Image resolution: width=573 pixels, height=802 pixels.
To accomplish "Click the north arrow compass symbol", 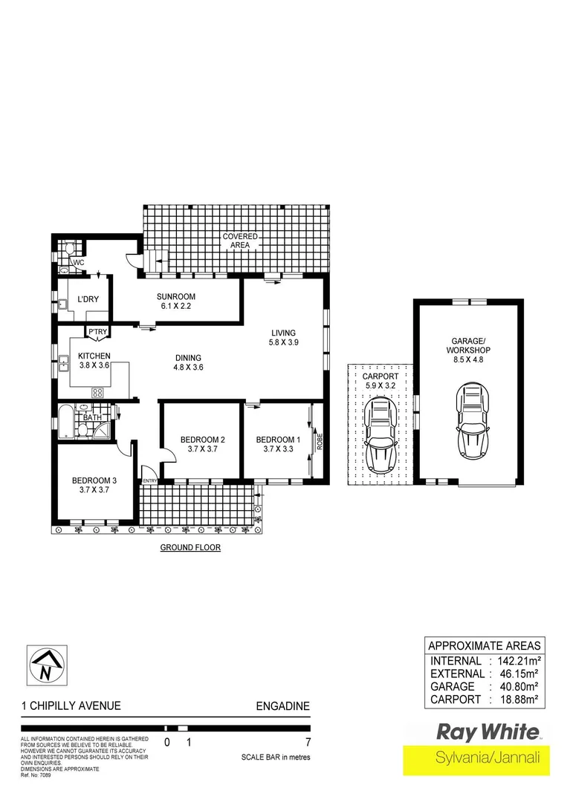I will (46, 665).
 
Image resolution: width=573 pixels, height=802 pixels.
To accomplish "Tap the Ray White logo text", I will (487, 732).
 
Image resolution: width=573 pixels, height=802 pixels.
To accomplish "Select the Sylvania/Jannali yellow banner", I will (476, 759).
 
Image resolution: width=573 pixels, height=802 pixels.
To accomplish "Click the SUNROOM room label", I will (176, 298).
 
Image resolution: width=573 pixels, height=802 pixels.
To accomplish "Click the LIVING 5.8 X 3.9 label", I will (283, 337).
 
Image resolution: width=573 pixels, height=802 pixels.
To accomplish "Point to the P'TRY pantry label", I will (97, 332).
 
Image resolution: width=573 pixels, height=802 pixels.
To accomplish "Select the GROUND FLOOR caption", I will (191, 548).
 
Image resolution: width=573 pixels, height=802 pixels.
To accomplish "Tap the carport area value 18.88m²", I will (517, 700).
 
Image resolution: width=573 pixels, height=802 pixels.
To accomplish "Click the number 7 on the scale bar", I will (308, 742).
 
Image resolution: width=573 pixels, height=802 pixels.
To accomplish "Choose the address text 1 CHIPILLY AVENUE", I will (71, 706).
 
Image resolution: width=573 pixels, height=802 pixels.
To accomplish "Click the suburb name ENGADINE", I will (282, 706).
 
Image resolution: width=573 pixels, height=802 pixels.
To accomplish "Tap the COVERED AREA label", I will (240, 241).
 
